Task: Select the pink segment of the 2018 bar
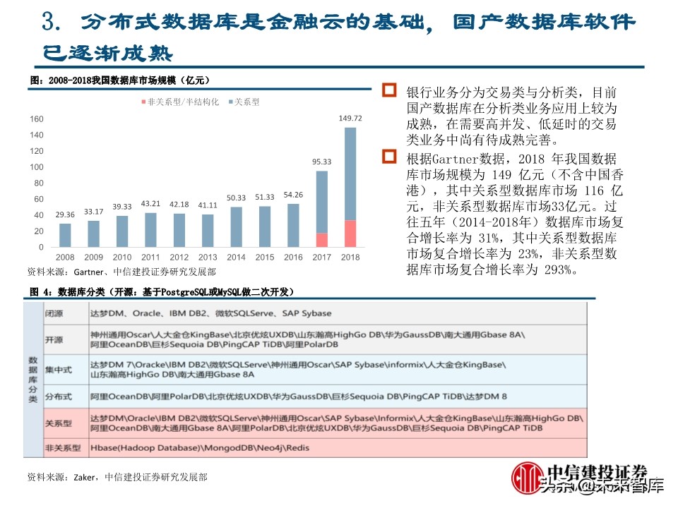pyautogui.click(x=350, y=234)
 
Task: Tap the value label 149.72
pyautogui.click(x=350, y=119)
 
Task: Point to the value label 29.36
pyautogui.click(x=65, y=214)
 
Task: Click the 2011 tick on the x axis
pyautogui.click(x=150, y=258)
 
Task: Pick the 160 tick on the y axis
pyautogui.click(x=36, y=119)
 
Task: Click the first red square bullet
pyautogui.click(x=389, y=90)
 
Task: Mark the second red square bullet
pyautogui.click(x=389, y=156)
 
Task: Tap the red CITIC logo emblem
pyautogui.click(x=526, y=477)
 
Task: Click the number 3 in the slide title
pyautogui.click(x=50, y=22)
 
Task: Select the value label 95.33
pyautogui.click(x=321, y=162)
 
